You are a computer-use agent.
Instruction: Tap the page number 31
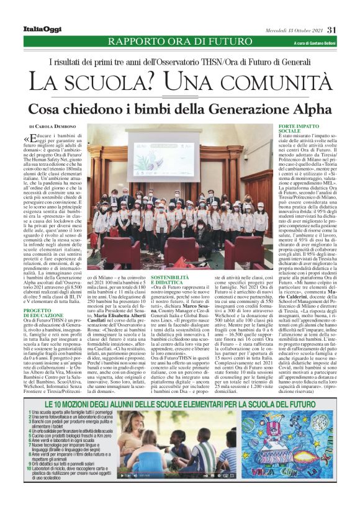(331, 29)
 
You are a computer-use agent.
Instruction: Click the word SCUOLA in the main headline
(118, 81)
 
